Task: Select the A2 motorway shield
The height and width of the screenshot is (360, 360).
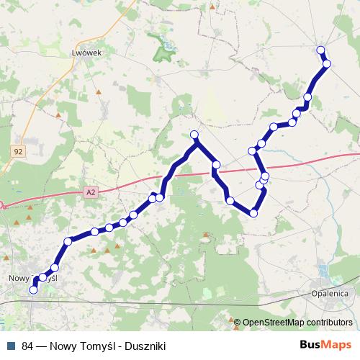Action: point(89,192)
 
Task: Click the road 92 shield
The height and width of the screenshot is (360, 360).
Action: point(18,151)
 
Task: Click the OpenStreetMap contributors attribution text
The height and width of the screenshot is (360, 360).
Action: point(297,323)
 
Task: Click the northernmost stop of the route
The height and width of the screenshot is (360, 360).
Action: point(320,50)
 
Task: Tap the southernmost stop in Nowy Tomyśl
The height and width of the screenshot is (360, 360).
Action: point(33,290)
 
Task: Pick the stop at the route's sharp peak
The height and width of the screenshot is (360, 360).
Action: point(194,135)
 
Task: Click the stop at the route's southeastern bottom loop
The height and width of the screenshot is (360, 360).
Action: point(253,213)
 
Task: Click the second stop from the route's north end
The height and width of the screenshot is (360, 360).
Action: point(327,64)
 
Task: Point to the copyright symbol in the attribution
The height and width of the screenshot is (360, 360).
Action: point(238,323)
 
